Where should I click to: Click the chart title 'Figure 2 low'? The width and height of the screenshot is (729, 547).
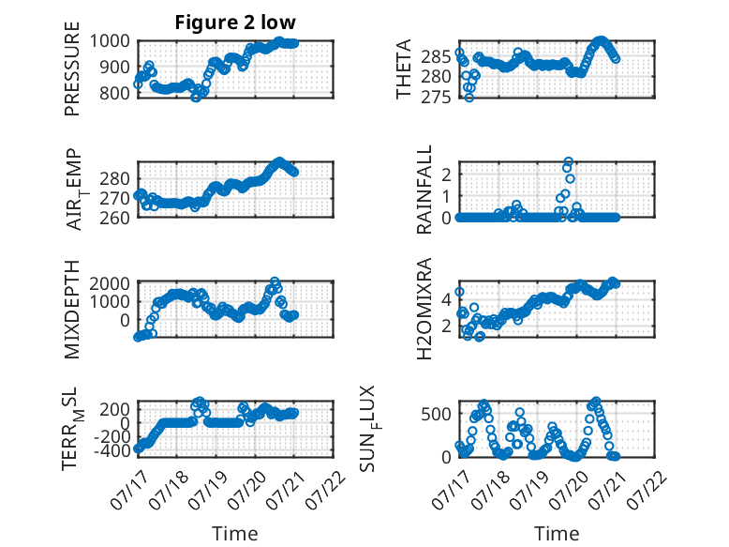click(235, 23)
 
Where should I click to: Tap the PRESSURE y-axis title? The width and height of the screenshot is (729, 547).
click(72, 68)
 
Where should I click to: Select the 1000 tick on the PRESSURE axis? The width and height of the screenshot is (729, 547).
click(110, 41)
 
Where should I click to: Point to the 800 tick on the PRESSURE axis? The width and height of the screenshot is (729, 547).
click(115, 93)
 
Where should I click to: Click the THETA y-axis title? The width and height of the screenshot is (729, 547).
click(404, 68)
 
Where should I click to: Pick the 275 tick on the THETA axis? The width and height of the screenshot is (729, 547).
click(436, 98)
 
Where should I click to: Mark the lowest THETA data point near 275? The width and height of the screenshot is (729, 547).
click(469, 98)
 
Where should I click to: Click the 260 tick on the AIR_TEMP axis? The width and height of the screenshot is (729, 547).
click(115, 218)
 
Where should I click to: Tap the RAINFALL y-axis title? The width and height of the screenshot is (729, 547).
click(424, 190)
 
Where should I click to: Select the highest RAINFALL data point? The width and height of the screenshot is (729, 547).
click(568, 161)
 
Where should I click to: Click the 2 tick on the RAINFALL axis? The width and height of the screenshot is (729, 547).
click(447, 175)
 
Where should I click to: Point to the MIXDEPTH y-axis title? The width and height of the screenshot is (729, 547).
click(72, 310)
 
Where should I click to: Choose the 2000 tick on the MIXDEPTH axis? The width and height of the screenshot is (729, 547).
click(110, 283)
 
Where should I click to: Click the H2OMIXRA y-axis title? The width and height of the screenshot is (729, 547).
click(424, 309)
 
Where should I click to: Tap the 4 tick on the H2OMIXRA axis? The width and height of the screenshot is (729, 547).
click(447, 299)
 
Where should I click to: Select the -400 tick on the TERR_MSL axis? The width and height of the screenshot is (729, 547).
click(112, 451)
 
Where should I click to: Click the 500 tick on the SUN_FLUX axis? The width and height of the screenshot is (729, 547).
click(436, 414)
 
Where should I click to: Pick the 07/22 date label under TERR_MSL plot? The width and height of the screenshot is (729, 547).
click(325, 490)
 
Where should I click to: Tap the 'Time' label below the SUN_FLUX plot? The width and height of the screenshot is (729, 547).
click(557, 534)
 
